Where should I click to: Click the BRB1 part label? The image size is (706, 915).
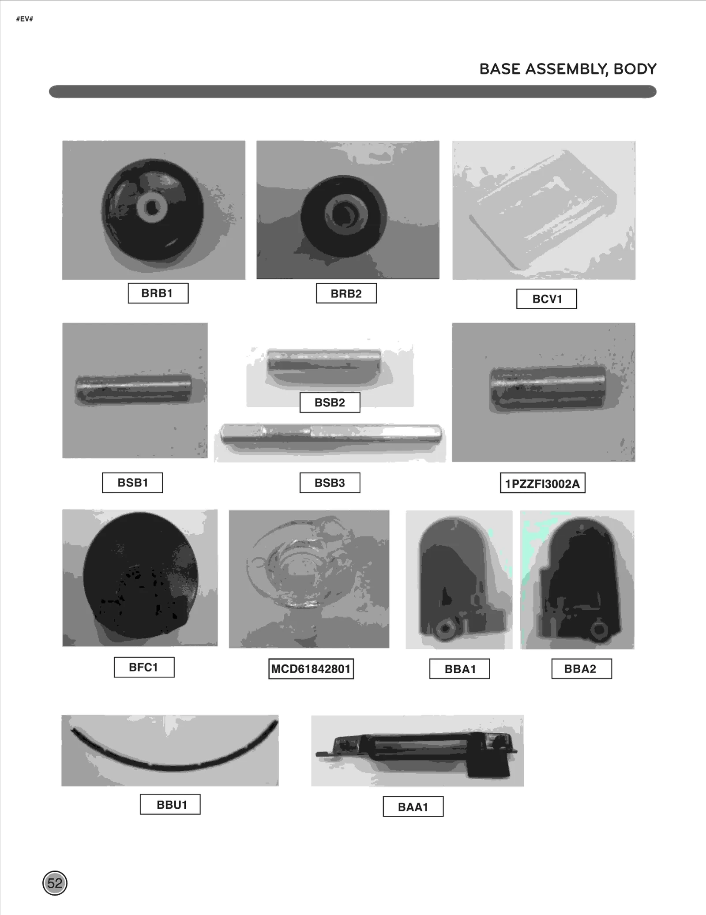click(158, 293)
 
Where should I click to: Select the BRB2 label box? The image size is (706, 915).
click(346, 294)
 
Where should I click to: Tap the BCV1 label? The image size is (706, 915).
click(546, 299)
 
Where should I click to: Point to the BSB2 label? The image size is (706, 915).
click(330, 402)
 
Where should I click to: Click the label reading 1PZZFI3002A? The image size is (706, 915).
click(542, 484)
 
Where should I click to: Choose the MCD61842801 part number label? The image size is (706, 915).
click(311, 669)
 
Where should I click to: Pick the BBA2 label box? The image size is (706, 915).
click(581, 669)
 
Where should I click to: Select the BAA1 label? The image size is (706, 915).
click(413, 807)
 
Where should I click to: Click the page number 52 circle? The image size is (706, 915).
click(55, 883)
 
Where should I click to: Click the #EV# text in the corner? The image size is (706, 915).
click(24, 19)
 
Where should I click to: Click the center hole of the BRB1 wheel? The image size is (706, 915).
click(152, 207)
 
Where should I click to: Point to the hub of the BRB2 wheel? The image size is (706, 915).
click(343, 215)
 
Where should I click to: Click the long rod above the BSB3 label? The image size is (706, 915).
click(331, 434)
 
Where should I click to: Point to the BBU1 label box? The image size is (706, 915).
click(170, 804)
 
